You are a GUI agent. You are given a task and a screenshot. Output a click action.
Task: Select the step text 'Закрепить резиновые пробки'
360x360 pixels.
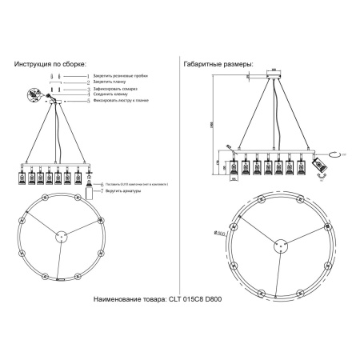point(117,74)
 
